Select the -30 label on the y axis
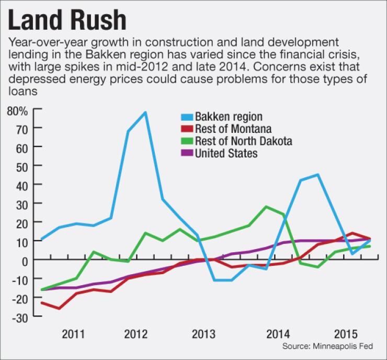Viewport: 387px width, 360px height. coord(23,316)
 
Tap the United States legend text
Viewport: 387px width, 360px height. coord(226,153)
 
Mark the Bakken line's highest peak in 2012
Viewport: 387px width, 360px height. coord(145,112)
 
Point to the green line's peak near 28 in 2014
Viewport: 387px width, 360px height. coord(266,207)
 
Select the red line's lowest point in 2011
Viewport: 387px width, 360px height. coord(59,308)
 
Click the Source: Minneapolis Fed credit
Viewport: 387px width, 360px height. coord(334,346)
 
